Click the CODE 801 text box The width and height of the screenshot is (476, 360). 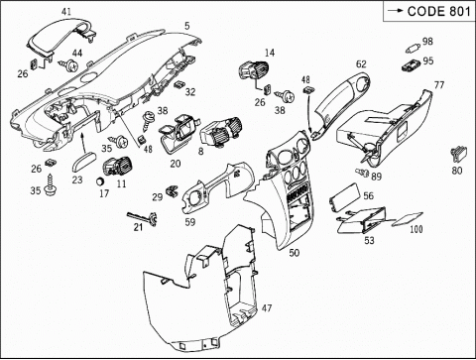(429, 11)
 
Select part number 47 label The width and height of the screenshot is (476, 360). (267, 308)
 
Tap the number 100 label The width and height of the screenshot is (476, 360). (416, 229)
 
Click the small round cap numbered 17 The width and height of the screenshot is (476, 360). (100, 181)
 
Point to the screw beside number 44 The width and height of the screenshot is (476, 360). (69, 65)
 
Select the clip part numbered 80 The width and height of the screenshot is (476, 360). (458, 155)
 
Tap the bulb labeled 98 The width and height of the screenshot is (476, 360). (413, 49)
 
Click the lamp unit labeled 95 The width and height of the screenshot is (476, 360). (411, 64)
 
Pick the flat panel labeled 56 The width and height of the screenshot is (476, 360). (343, 198)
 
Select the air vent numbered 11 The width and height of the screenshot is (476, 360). (117, 166)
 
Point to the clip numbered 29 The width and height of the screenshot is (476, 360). (173, 190)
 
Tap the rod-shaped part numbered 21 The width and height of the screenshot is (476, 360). (143, 218)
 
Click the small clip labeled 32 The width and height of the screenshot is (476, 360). (179, 84)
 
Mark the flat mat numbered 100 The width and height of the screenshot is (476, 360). (408, 219)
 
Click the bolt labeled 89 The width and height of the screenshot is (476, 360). (362, 173)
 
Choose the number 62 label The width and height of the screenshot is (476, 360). (361, 63)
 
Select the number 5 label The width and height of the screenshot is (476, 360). (187, 26)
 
